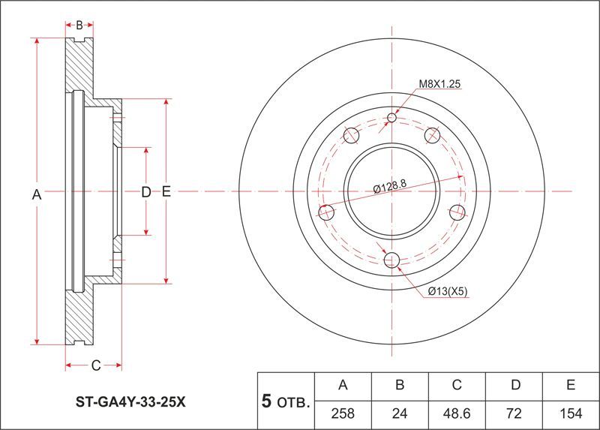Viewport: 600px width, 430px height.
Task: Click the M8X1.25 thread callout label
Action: click(x=439, y=84)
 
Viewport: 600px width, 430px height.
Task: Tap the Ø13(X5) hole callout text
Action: click(x=448, y=292)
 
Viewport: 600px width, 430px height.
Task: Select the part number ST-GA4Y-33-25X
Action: click(x=130, y=402)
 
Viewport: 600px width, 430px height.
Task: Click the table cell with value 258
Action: click(x=343, y=413)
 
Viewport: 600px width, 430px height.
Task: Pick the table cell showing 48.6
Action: click(x=457, y=413)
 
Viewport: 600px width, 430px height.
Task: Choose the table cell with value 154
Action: click(x=571, y=413)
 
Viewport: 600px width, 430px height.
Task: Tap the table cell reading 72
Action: click(x=514, y=413)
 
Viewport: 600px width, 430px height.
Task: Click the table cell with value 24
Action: click(x=400, y=413)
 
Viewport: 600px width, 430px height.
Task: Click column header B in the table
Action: click(x=400, y=385)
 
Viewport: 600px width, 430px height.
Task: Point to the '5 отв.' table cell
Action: click(x=286, y=401)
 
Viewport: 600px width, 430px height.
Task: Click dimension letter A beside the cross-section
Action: click(x=37, y=195)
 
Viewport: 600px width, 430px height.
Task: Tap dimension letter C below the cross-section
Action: click(x=96, y=365)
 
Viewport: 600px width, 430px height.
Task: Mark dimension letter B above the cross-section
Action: click(x=79, y=26)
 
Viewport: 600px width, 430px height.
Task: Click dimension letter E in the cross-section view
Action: click(x=166, y=191)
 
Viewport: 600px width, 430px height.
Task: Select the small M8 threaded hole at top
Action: click(x=391, y=117)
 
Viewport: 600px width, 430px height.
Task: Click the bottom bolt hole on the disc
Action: click(x=391, y=260)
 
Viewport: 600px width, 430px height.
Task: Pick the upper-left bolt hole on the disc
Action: click(x=351, y=135)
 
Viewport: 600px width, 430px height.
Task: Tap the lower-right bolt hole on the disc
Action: click(x=457, y=212)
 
